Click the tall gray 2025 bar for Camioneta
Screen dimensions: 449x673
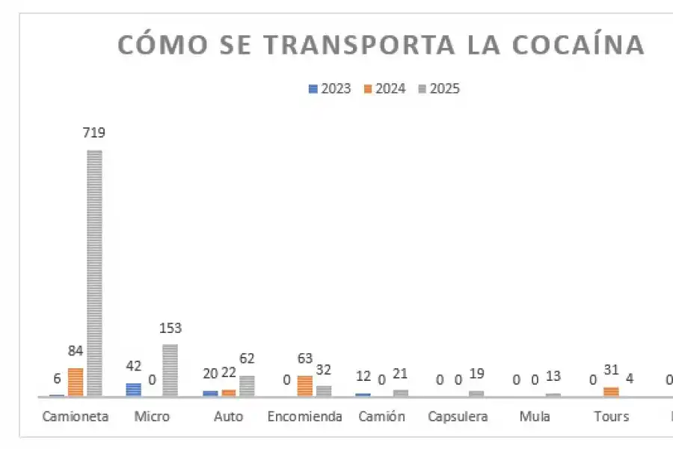point(94,272)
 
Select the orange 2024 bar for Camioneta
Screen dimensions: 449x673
point(76,382)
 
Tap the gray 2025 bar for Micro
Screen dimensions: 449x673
point(170,370)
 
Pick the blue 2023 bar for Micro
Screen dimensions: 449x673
point(133,389)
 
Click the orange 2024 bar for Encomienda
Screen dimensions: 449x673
point(304,385)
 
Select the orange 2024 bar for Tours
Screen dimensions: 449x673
point(611,391)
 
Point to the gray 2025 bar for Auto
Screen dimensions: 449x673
point(247,385)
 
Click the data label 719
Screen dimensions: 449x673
point(94,133)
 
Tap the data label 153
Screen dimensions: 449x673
point(170,328)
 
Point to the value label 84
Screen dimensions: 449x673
point(76,351)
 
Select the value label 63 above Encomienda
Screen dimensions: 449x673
point(304,358)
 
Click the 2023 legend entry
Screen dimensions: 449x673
point(330,89)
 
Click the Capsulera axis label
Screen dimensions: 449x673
point(458,416)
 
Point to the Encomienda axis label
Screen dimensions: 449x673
point(304,416)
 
